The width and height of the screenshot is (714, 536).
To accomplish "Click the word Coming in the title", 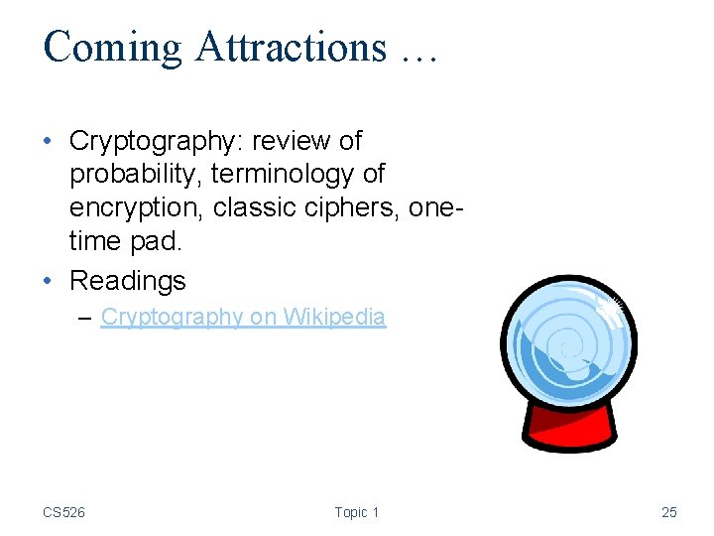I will [112, 47].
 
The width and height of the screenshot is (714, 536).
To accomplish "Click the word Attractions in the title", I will [291, 47].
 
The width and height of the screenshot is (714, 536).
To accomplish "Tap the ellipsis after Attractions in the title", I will [417, 52].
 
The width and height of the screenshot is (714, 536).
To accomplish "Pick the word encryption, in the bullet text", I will [137, 209].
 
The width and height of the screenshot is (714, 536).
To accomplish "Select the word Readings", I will [127, 280].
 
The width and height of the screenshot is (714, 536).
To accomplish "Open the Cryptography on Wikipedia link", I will [243, 317].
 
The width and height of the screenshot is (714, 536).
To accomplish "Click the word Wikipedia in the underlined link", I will [334, 317].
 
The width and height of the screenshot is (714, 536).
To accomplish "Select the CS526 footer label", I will [63, 512].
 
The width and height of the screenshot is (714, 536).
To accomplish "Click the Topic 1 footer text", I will [356, 512].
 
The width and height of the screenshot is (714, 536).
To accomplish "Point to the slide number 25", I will [668, 512].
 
